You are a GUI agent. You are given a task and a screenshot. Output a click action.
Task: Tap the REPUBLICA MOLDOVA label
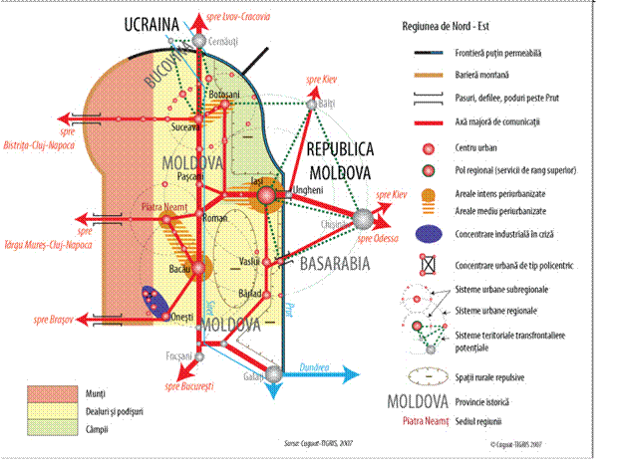pos(339,160)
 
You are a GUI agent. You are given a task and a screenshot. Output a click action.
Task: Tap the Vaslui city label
pos(250,262)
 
